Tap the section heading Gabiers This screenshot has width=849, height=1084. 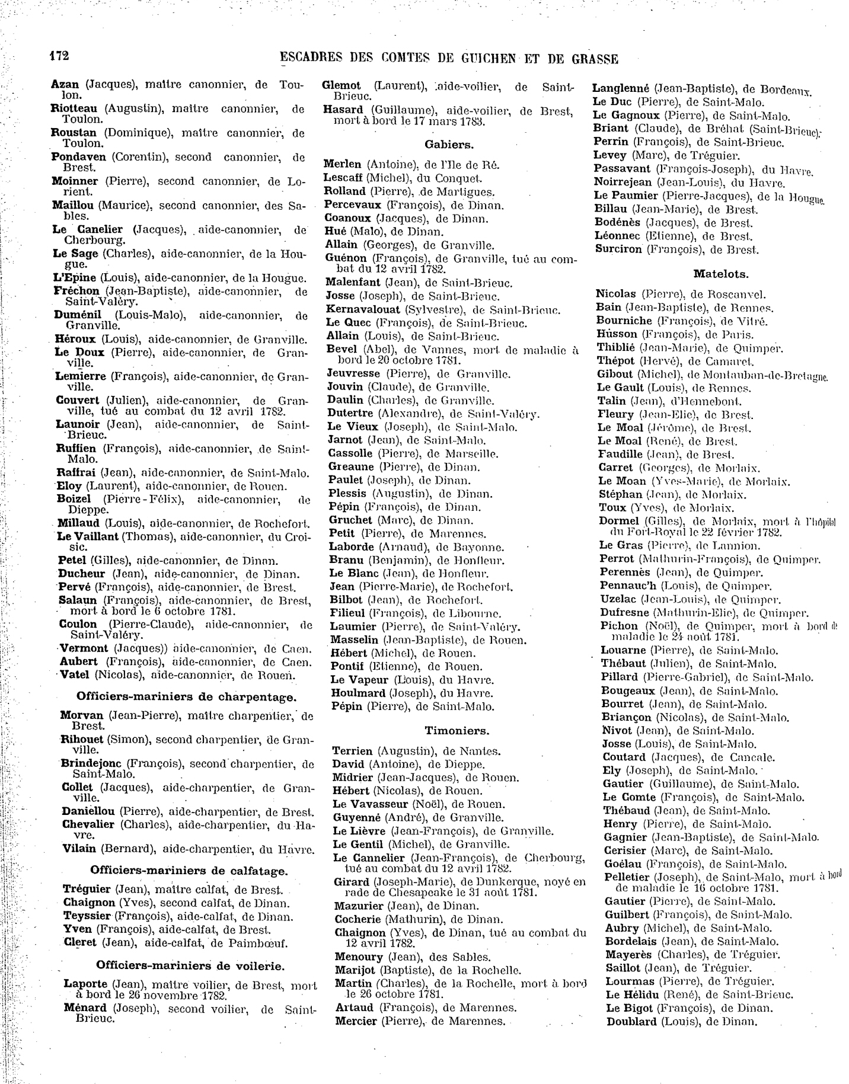click(x=449, y=144)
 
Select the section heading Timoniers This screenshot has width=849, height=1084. click(x=457, y=730)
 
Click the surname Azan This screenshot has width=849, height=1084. click(x=65, y=85)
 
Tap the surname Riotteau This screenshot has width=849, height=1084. click(x=75, y=109)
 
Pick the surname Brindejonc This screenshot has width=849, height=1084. click(x=91, y=763)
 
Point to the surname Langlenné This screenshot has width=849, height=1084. click(x=621, y=88)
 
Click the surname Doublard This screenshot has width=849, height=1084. click(x=631, y=1021)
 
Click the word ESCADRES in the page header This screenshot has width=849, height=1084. click(x=311, y=59)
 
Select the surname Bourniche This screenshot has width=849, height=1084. click(x=624, y=321)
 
